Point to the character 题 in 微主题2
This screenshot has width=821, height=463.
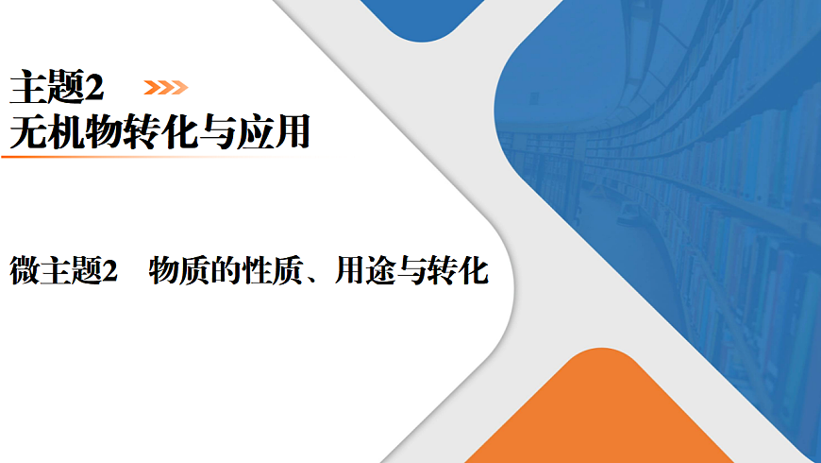point(83,271)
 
